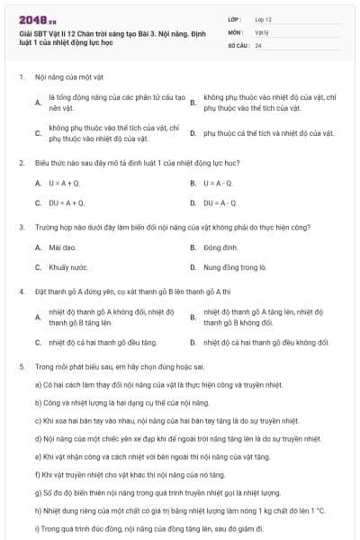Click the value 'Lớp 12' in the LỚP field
tap(264, 18)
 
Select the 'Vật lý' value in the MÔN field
tap(261, 31)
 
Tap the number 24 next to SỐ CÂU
tap(258, 45)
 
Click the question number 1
tap(21, 77)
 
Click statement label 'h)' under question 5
tap(38, 510)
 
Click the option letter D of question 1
tap(193, 133)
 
